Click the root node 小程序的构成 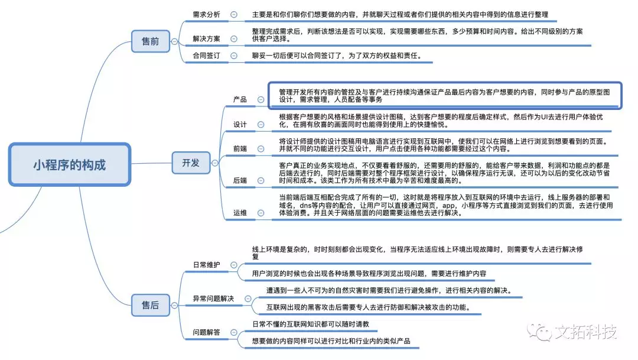click(x=70, y=164)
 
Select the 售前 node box click(x=151, y=41)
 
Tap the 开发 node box click(x=191, y=163)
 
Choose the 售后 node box click(x=151, y=305)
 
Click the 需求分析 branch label click(x=206, y=15)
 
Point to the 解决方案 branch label click(x=206, y=38)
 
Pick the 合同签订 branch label click(x=206, y=56)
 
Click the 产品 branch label click(x=240, y=99)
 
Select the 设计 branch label click(x=240, y=125)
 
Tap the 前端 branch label click(x=240, y=148)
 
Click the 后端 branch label click(x=240, y=180)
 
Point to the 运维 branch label click(x=240, y=213)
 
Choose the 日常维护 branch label click(x=206, y=265)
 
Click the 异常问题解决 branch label click(x=213, y=299)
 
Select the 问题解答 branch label click(x=206, y=332)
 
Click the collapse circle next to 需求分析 click(x=234, y=15)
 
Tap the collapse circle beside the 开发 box click(x=215, y=163)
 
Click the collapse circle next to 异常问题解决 click(x=248, y=299)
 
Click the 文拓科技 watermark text click(x=585, y=332)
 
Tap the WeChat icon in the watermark click(x=539, y=332)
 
